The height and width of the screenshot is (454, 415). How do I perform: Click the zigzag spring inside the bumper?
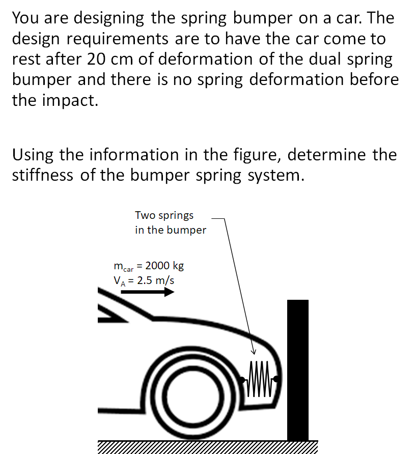pyautogui.click(x=258, y=379)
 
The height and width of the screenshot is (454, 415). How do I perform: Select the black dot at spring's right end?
pyautogui.click(x=276, y=379)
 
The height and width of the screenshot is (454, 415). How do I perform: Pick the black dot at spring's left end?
pyautogui.click(x=241, y=379)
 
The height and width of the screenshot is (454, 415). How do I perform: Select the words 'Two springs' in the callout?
pyautogui.click(x=164, y=215)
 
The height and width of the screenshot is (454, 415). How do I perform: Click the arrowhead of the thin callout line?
pyautogui.click(x=253, y=352)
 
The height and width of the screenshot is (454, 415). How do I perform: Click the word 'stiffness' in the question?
pyautogui.click(x=42, y=175)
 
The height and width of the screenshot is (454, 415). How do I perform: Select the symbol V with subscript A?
pyautogui.click(x=119, y=280)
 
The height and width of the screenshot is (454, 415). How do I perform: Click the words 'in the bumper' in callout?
pyautogui.click(x=170, y=230)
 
